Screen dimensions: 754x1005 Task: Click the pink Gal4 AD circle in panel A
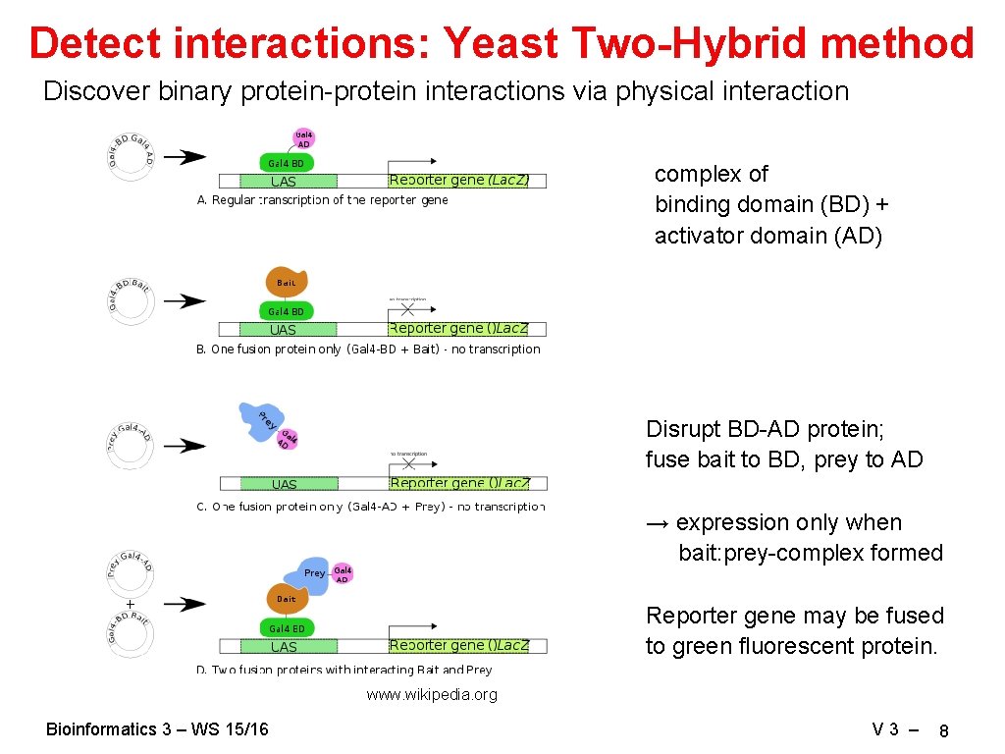(x=303, y=139)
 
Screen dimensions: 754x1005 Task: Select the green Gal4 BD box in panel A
(x=287, y=163)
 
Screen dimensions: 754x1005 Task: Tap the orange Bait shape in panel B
(x=287, y=282)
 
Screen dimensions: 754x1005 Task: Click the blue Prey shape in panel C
(x=258, y=420)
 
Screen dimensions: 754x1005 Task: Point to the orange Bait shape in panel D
(x=287, y=598)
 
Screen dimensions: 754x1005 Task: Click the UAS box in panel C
(x=285, y=484)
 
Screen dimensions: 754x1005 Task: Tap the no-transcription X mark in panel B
(x=407, y=309)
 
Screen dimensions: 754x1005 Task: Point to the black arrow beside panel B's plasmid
(x=185, y=301)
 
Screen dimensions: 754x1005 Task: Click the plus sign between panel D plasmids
(x=130, y=603)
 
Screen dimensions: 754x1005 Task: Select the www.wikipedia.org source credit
(x=432, y=695)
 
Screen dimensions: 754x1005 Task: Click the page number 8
(x=943, y=731)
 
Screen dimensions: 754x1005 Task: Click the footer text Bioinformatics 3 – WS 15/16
(x=157, y=728)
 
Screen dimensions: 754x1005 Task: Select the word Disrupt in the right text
(x=683, y=429)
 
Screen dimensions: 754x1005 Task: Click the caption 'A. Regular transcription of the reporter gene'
(x=322, y=200)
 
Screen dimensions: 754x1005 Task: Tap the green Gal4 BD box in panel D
(x=287, y=628)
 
